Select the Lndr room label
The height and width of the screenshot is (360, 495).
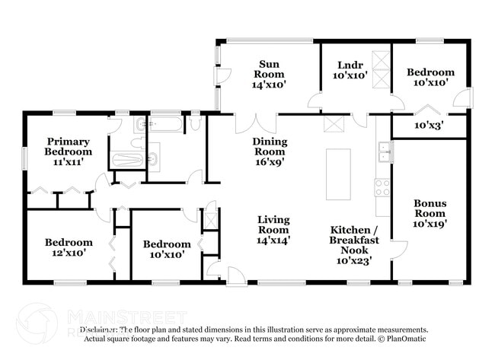[x=350, y=70]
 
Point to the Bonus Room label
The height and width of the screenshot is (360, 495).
[x=430, y=213]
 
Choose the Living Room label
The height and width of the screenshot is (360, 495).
[x=273, y=229]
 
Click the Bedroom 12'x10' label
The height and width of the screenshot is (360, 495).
[x=69, y=248]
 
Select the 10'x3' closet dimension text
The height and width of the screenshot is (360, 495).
[x=430, y=125]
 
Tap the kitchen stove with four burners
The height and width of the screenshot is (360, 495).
[x=382, y=187]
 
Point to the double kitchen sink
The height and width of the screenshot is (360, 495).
[x=384, y=151]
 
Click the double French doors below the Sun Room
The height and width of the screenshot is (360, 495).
[x=256, y=123]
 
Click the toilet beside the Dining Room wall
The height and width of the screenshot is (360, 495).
[x=196, y=123]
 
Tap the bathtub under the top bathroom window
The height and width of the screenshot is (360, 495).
[x=165, y=124]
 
